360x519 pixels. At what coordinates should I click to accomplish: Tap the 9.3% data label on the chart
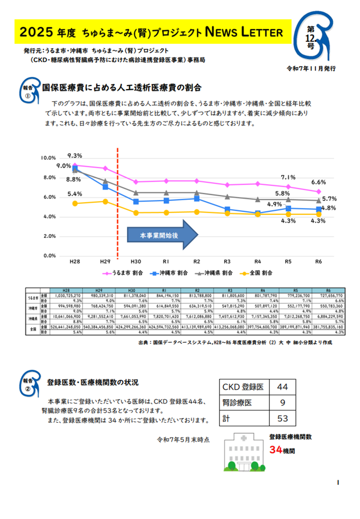coord(74,156)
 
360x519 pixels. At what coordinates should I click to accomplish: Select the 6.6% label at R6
coord(318,182)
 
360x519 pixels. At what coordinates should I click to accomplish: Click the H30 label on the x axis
coord(135,261)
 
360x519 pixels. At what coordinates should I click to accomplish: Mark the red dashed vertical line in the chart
coord(118,204)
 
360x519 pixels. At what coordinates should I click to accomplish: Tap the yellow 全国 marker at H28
coord(75,203)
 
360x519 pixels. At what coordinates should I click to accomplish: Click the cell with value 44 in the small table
coord(282,387)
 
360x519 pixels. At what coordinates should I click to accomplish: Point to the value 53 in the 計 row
coord(282,419)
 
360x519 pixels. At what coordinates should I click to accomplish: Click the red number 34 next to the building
coord(275,450)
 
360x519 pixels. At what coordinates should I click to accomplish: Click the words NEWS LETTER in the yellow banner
coord(243,33)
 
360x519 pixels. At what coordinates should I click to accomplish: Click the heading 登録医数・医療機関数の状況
coord(92,382)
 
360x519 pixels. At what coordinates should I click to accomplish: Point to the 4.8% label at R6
coord(328,208)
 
